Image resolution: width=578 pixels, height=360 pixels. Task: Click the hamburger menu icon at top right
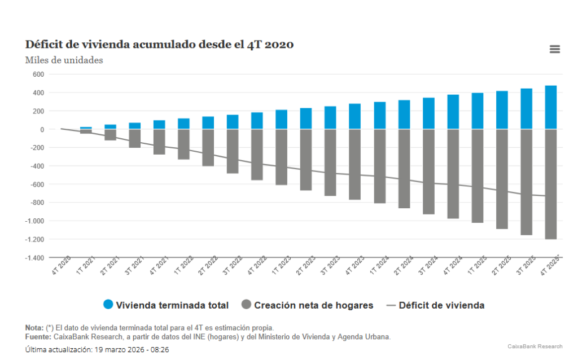[554, 49]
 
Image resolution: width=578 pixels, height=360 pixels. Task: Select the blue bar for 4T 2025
[551, 107]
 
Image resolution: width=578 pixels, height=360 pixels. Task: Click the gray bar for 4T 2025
[551, 184]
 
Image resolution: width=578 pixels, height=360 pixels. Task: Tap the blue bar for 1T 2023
[282, 119]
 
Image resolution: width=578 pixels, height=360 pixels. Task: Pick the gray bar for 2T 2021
[110, 135]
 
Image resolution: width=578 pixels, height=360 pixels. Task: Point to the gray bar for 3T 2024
[428, 172]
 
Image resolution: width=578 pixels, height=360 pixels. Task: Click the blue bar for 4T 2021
[159, 125]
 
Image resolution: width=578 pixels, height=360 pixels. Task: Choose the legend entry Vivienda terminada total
[166, 305]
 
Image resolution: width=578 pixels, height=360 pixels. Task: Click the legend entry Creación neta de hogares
[307, 305]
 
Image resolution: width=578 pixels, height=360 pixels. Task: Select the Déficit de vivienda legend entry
[435, 305]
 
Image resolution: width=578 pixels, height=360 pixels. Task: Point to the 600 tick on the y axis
[38, 74]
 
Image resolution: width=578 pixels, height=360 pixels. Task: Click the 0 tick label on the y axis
[41, 129]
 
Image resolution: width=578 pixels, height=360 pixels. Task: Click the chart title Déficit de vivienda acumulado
[159, 45]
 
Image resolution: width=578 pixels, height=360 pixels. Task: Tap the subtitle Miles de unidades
[64, 60]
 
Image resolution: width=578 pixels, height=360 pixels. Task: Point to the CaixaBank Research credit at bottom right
[534, 346]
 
